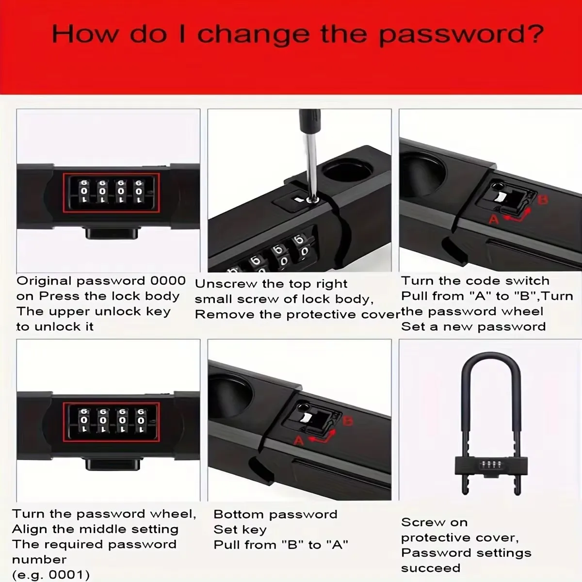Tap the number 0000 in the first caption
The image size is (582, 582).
pos(168,281)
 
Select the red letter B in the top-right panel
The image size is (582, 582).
pos(543,200)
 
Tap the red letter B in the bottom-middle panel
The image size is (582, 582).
pos(348,420)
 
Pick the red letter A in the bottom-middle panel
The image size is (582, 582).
pos(299,441)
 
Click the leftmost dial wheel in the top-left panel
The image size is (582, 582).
pos(84,192)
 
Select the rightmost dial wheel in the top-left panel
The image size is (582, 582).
pos(139,192)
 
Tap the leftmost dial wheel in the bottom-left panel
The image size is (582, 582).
pos(84,420)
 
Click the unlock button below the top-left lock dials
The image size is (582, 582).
pos(112,234)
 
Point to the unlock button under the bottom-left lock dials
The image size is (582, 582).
pos(113,465)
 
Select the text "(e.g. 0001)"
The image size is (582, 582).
pos(51,574)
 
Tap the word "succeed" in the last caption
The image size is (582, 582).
pos(431,568)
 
